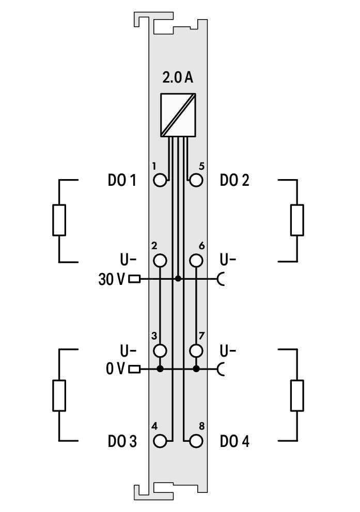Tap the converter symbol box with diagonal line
pyautogui.click(x=178, y=115)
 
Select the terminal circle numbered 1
pyautogui.click(x=161, y=181)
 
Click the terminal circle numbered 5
pyautogui.click(x=196, y=181)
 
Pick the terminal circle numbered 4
pyautogui.click(x=161, y=441)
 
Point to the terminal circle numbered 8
pyautogui.click(x=196, y=441)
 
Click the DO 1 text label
pyautogui.click(x=122, y=181)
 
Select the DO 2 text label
pyautogui.click(x=234, y=181)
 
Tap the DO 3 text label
pyautogui.click(x=122, y=441)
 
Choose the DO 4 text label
pyautogui.click(x=234, y=441)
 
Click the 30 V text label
pyautogui.click(x=111, y=279)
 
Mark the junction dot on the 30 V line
pyautogui.click(x=178, y=279)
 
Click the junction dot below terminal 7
pyautogui.click(x=196, y=369)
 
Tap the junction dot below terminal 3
pyautogui.click(x=161, y=369)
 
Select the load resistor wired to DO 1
pyautogui.click(x=59, y=220)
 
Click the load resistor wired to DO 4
pyautogui.click(x=297, y=395)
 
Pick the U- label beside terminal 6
pyautogui.click(x=228, y=259)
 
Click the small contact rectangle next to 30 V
pyautogui.click(x=134, y=279)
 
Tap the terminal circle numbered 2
pyautogui.click(x=161, y=261)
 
